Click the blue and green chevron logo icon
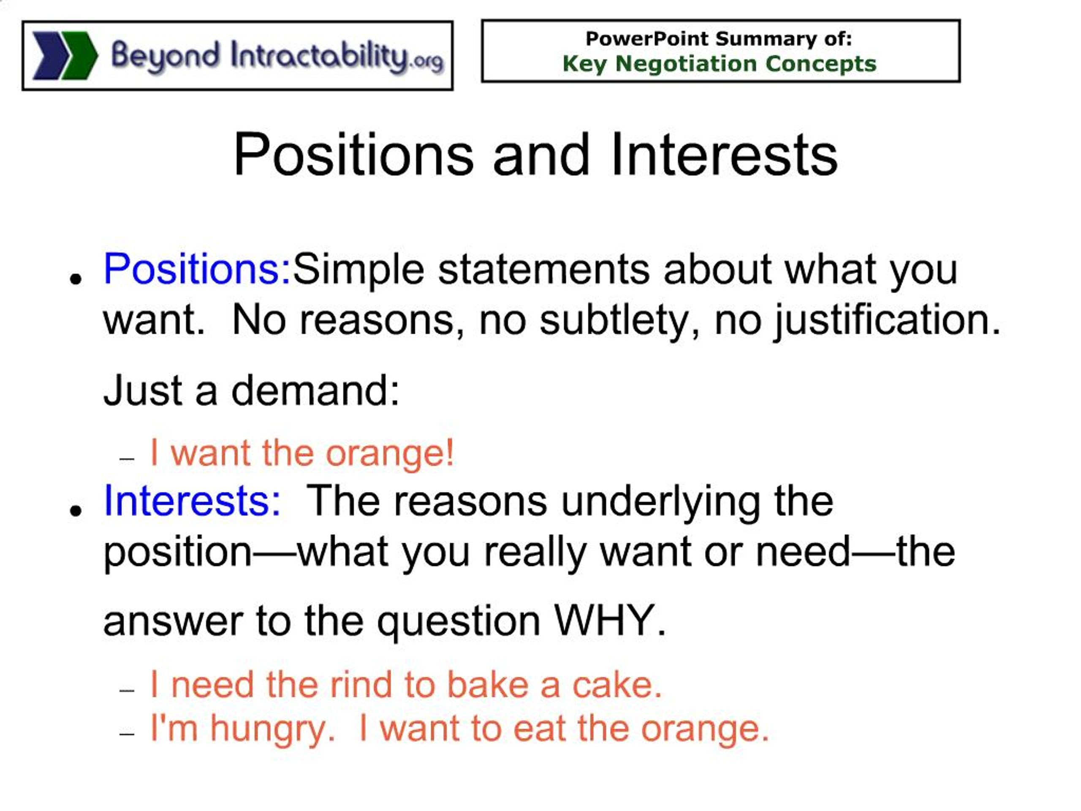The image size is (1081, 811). tap(65, 55)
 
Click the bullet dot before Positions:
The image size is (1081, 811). tap(75, 279)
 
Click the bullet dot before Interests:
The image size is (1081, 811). tap(75, 511)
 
